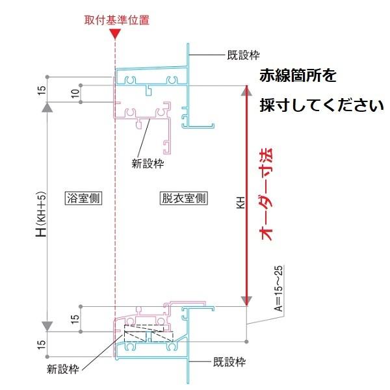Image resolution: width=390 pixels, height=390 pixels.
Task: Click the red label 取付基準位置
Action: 117,19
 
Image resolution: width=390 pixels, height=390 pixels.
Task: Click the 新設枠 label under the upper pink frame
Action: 146,164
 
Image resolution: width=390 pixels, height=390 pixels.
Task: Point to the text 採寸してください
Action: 322,104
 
